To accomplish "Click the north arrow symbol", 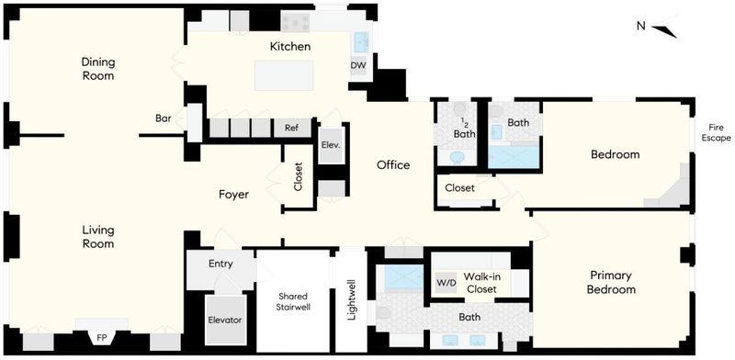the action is pyautogui.click(x=664, y=31).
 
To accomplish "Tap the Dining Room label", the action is pyautogui.click(x=98, y=69).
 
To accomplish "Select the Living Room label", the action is pyautogui.click(x=98, y=237).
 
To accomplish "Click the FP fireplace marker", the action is pyautogui.click(x=101, y=337).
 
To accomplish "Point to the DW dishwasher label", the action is pyautogui.click(x=358, y=65).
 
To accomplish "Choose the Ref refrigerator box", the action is pyautogui.click(x=291, y=128).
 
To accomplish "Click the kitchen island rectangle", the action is pyautogui.click(x=284, y=75).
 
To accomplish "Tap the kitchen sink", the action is pyautogui.click(x=361, y=42).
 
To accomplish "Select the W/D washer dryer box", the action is pyautogui.click(x=446, y=283).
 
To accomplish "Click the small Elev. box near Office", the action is pyautogui.click(x=331, y=145).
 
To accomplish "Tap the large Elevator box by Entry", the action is pyautogui.click(x=226, y=321).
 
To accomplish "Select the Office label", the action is pyautogui.click(x=393, y=165).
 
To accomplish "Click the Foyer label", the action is pyautogui.click(x=233, y=195).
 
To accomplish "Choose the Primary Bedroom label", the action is pyautogui.click(x=611, y=282).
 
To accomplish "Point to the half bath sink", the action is pyautogui.click(x=457, y=157).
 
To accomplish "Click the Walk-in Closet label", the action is pyautogui.click(x=480, y=283).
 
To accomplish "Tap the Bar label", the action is pyautogui.click(x=163, y=118).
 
